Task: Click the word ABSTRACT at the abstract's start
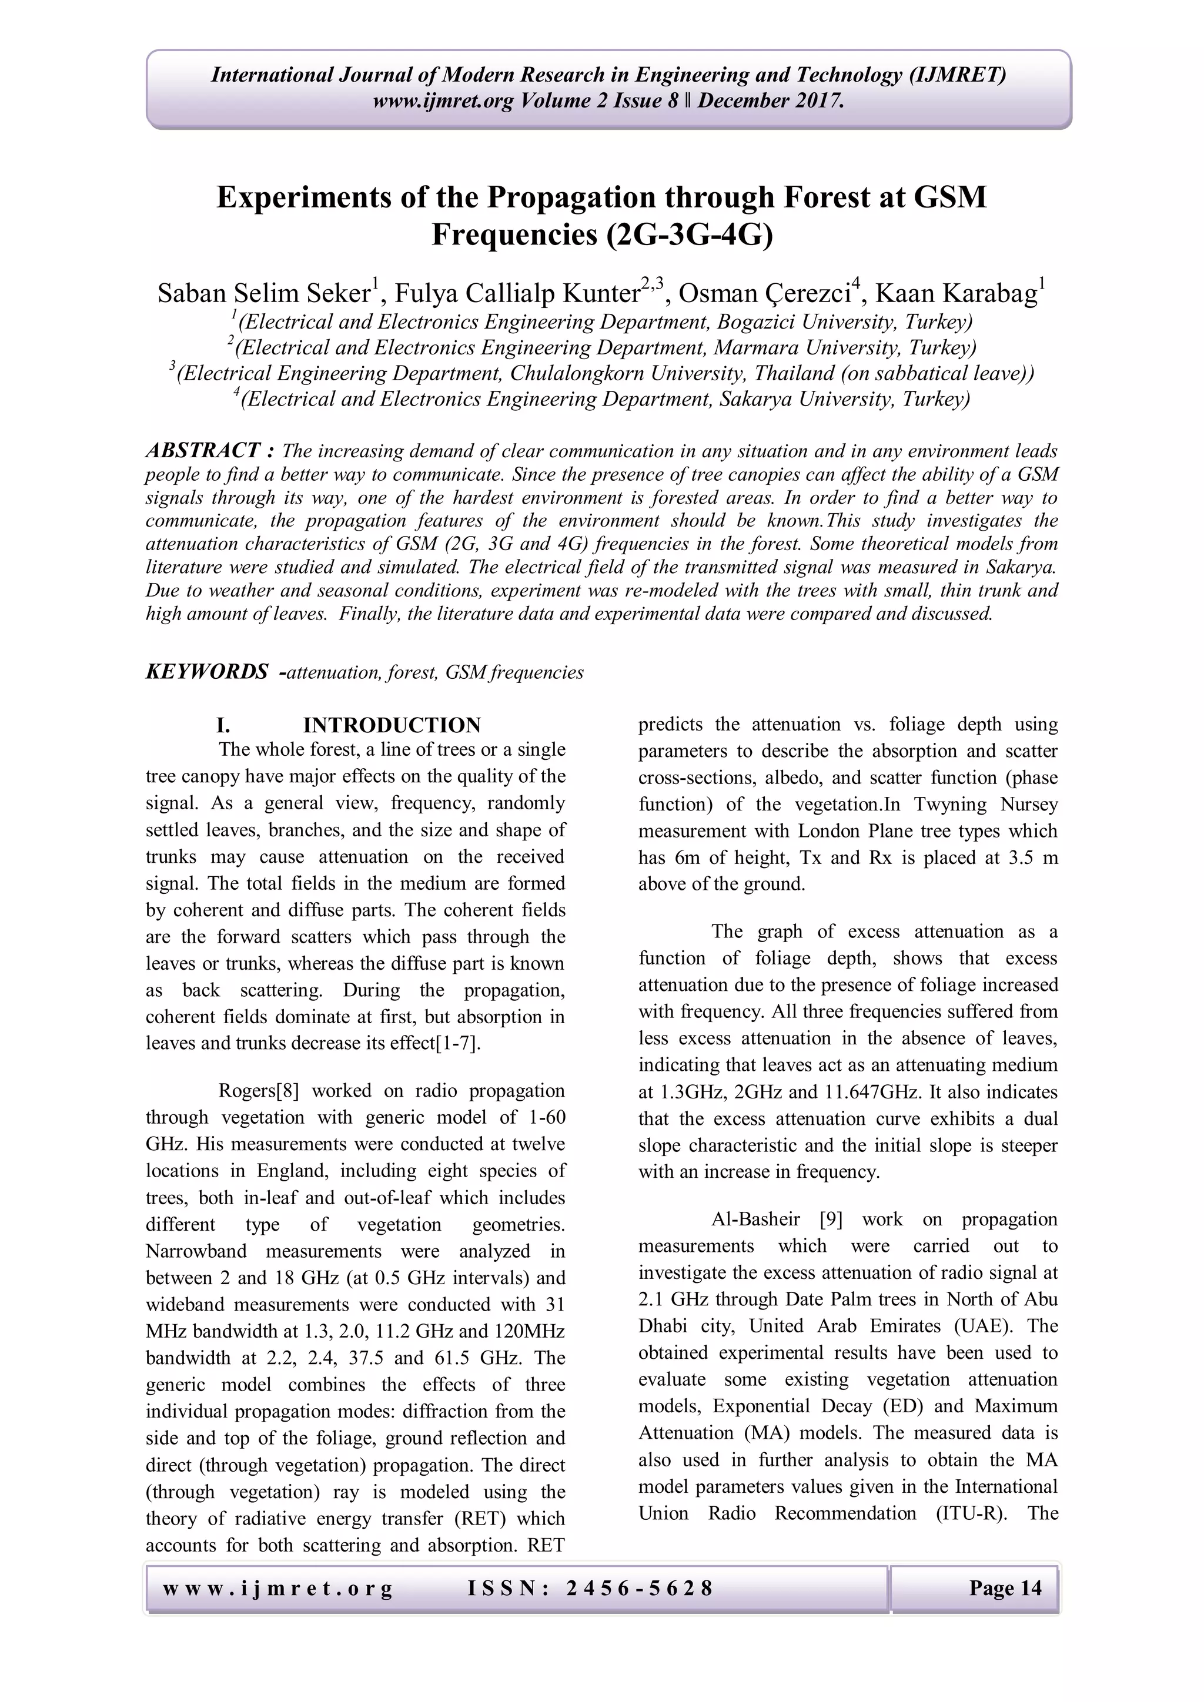[202, 450]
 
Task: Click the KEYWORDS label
[207, 672]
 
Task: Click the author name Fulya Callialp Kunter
[517, 293]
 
